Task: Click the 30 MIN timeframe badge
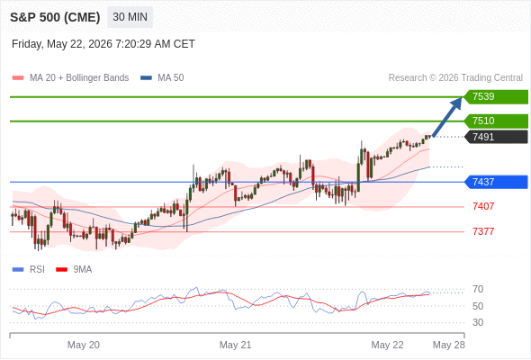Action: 130,17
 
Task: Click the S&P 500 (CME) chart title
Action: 55,17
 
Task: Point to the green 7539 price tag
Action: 496,97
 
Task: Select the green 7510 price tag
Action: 496,121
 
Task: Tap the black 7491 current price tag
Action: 496,137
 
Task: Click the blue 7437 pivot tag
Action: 496,182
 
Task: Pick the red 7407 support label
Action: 483,206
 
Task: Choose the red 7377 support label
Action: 483,231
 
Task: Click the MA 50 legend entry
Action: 162,78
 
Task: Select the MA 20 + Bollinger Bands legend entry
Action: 70,78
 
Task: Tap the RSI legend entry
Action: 29,270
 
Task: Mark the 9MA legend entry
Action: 74,270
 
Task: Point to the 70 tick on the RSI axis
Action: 478,289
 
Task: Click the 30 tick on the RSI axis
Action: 478,322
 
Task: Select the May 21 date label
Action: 236,345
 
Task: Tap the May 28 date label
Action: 449,345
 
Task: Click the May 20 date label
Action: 84,345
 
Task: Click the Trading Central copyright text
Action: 455,78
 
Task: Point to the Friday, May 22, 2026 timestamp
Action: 103,44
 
